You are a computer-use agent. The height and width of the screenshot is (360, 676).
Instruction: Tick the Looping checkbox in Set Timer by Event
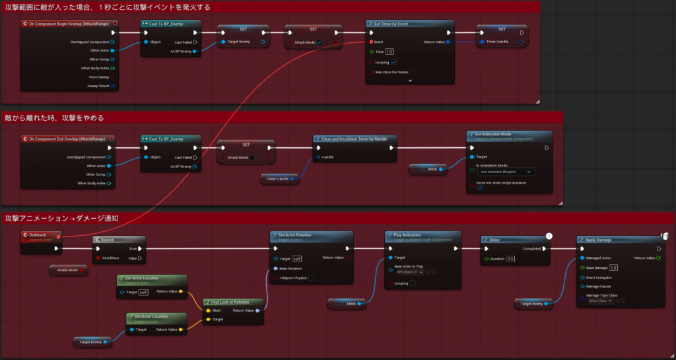click(x=393, y=62)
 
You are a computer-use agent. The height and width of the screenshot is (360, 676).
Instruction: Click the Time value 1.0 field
click(x=389, y=52)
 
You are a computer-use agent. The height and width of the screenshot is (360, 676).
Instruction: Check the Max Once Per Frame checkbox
click(x=412, y=73)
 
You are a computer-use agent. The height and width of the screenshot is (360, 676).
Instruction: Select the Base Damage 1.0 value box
click(x=613, y=268)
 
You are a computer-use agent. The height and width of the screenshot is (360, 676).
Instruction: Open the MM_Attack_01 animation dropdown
click(x=409, y=272)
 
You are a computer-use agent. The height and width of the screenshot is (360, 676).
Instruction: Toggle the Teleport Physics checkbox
click(x=311, y=278)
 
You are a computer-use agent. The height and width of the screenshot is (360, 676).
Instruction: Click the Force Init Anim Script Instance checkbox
click(x=480, y=188)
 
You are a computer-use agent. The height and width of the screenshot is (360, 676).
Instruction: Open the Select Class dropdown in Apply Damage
click(x=601, y=301)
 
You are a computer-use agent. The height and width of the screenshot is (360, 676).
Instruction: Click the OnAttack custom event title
click(x=38, y=234)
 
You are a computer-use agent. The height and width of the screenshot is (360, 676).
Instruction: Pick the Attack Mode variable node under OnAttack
click(x=68, y=270)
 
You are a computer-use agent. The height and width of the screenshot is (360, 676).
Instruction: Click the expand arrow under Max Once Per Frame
click(x=410, y=81)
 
